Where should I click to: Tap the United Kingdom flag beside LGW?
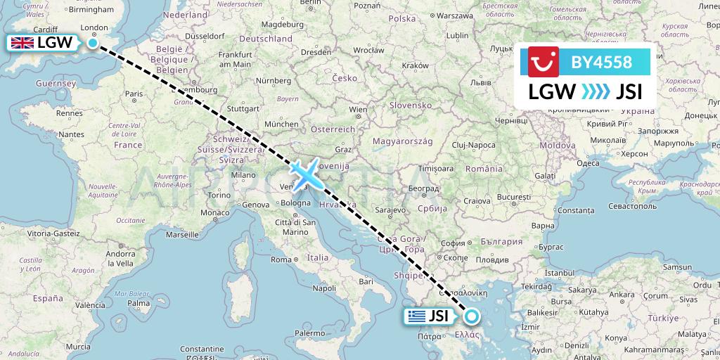coord(22,43)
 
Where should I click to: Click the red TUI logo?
coord(543,62)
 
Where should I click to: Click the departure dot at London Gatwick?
coord(92,43)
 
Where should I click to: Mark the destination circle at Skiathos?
coord(471,317)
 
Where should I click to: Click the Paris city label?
coord(134,94)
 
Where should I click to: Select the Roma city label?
coord(281,259)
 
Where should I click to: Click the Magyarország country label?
coord(411,141)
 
